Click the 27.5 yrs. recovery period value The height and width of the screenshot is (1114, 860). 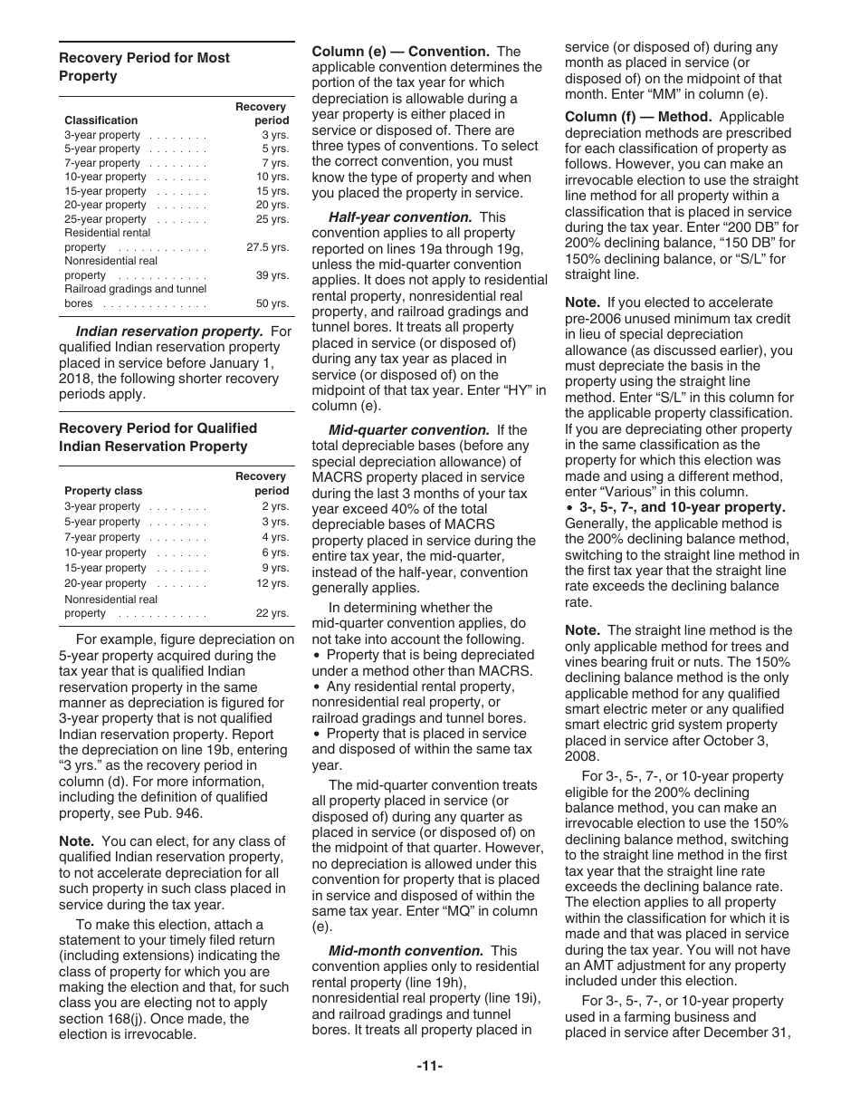tap(267, 247)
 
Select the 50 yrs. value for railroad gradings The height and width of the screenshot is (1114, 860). tap(272, 303)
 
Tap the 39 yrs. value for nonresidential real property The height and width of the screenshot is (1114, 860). tap(272, 275)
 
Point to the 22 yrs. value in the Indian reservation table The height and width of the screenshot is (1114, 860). tap(272, 613)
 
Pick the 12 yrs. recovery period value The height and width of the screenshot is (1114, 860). tap(272, 583)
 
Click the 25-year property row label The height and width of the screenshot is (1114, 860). tap(105, 219)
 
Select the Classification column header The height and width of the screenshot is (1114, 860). tap(101, 120)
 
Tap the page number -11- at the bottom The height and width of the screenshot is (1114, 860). tap(430, 1066)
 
